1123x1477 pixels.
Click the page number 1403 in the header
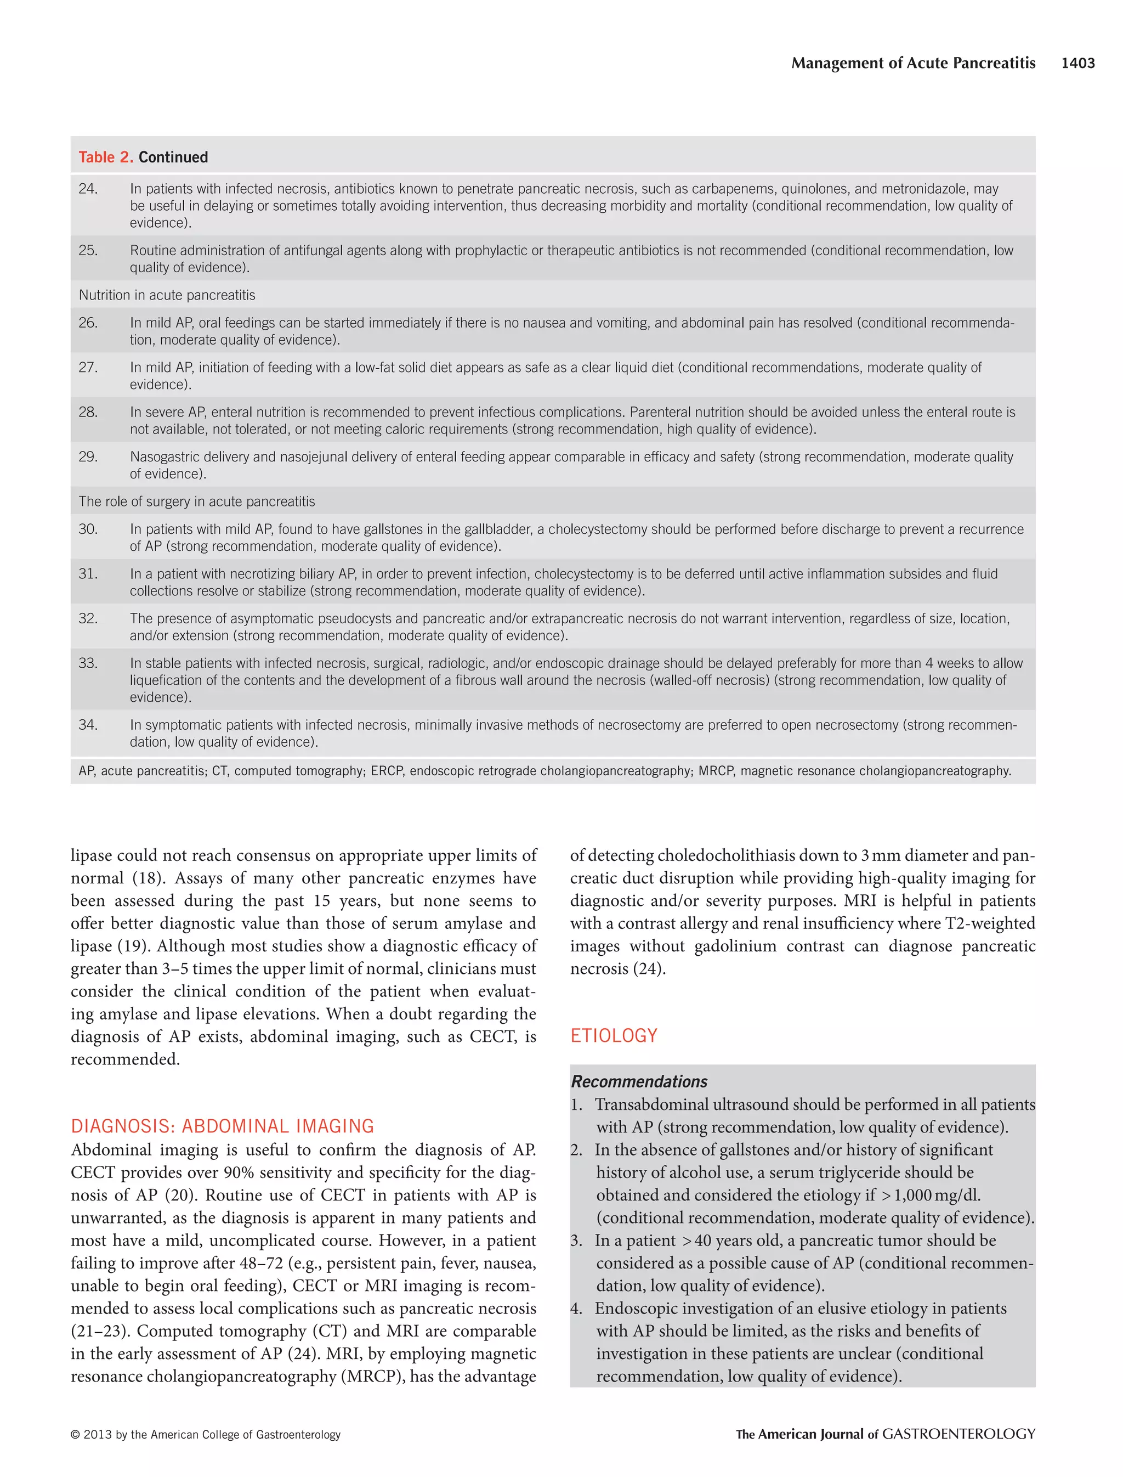click(1077, 63)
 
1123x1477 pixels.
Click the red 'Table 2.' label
click(106, 157)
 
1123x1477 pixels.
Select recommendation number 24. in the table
click(88, 189)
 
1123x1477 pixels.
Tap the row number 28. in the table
click(88, 412)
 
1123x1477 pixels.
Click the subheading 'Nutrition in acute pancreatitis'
click(167, 295)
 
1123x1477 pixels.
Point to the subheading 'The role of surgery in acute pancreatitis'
click(196, 501)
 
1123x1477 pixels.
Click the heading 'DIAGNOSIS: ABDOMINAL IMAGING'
click(222, 1126)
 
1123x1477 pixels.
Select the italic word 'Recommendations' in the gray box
click(638, 1081)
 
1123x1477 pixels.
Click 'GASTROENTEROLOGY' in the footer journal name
click(958, 1434)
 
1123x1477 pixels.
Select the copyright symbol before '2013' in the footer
click(76, 1435)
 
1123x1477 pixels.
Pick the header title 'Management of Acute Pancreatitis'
click(913, 63)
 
